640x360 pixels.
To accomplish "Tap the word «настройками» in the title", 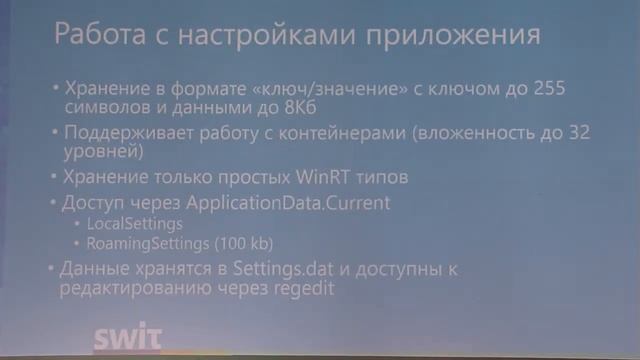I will pyautogui.click(x=262, y=37).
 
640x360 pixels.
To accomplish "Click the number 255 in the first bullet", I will pyautogui.click(x=546, y=89).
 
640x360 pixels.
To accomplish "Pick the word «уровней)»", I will pyautogui.click(x=100, y=154).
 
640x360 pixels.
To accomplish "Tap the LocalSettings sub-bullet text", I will pyautogui.click(x=135, y=224).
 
